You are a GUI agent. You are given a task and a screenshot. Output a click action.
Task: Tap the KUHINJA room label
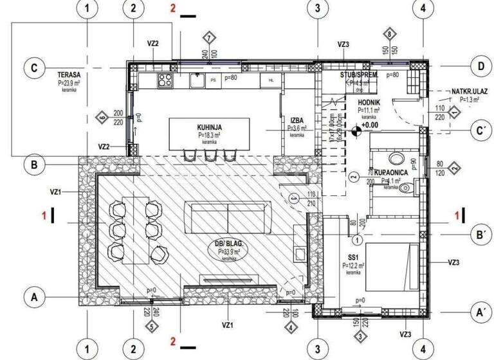click(210, 128)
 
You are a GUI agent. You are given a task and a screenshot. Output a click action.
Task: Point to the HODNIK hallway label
click(369, 102)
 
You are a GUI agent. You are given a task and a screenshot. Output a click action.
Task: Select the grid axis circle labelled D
click(477, 66)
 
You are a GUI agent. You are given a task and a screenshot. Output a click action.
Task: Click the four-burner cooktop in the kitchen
click(165, 80)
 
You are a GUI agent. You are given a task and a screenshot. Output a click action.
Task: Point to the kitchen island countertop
click(210, 132)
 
